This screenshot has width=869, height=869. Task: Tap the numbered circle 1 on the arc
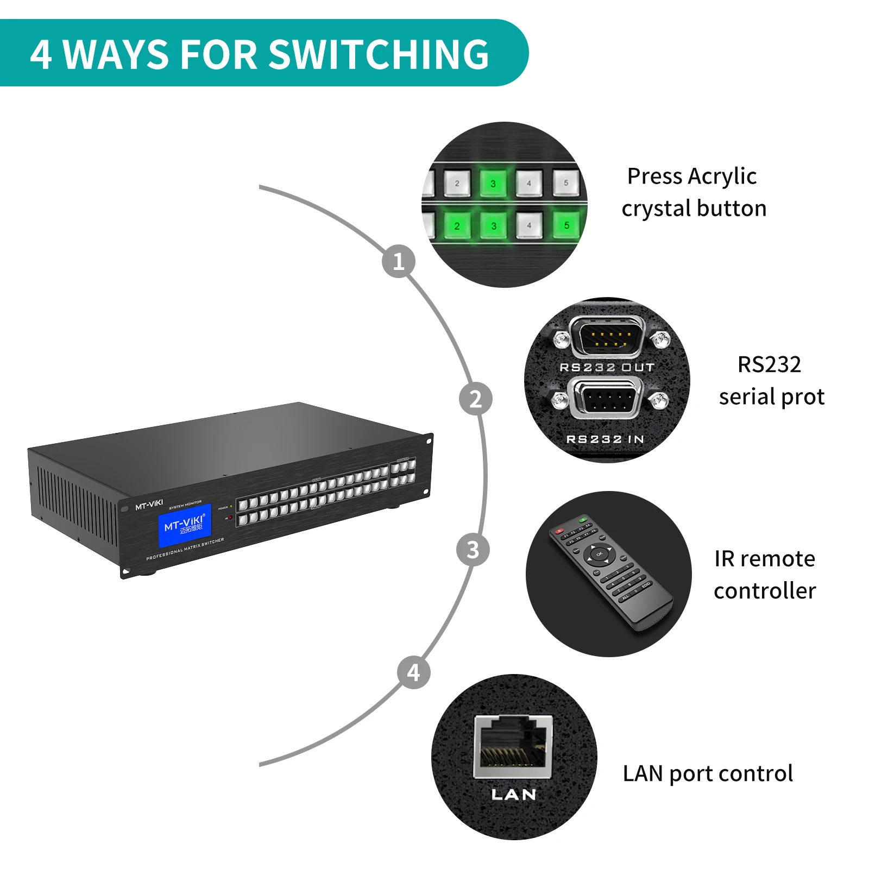pyautogui.click(x=399, y=261)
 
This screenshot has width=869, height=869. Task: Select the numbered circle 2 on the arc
pyautogui.click(x=475, y=399)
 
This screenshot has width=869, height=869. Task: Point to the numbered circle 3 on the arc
pyautogui.click(x=473, y=550)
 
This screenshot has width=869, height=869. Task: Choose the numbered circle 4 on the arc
pyautogui.click(x=414, y=672)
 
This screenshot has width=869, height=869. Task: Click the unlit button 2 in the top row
pyautogui.click(x=457, y=183)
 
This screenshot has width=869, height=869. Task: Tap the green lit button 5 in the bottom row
pyautogui.click(x=566, y=225)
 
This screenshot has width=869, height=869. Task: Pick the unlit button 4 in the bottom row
pyautogui.click(x=529, y=225)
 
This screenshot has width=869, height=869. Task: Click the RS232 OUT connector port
pyautogui.click(x=607, y=337)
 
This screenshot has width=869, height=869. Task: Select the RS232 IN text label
pyautogui.click(x=605, y=439)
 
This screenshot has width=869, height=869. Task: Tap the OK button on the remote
pyautogui.click(x=599, y=554)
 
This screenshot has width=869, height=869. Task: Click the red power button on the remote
pyautogui.click(x=559, y=531)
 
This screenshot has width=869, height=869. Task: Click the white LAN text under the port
pyautogui.click(x=514, y=795)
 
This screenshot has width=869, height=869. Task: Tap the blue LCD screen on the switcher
pyautogui.click(x=185, y=525)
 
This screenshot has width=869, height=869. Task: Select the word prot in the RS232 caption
pyautogui.click(x=803, y=397)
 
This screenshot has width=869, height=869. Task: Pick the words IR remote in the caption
pyautogui.click(x=764, y=559)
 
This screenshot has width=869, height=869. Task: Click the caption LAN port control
pyautogui.click(x=707, y=773)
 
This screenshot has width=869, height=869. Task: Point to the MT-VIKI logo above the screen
pyautogui.click(x=149, y=506)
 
